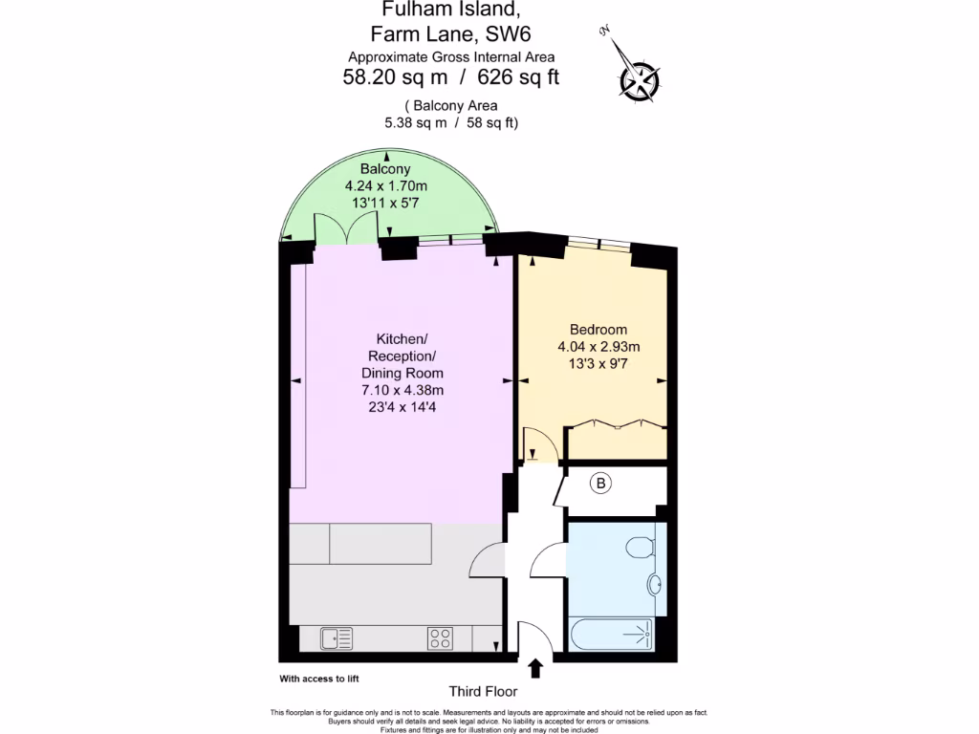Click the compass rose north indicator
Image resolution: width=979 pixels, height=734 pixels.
tap(638, 78)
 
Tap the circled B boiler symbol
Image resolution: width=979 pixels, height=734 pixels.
tap(600, 485)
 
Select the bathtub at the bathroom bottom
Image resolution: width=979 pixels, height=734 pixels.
tap(610, 634)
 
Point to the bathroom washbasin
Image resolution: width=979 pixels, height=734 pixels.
tap(655, 584)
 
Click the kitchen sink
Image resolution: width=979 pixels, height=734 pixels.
tap(337, 637)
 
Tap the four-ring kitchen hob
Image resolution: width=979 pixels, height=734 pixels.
tap(440, 637)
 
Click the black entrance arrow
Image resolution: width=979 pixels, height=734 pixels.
tap(534, 668)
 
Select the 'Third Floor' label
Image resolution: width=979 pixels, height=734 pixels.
tap(483, 691)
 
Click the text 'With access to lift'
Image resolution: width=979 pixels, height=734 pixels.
tap(319, 679)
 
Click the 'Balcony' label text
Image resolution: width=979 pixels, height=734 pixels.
tap(385, 169)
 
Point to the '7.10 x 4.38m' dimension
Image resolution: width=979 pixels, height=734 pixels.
tap(402, 389)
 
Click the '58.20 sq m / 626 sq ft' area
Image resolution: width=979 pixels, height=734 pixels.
tap(450, 78)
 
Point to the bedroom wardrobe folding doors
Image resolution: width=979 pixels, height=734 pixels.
tap(615, 427)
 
